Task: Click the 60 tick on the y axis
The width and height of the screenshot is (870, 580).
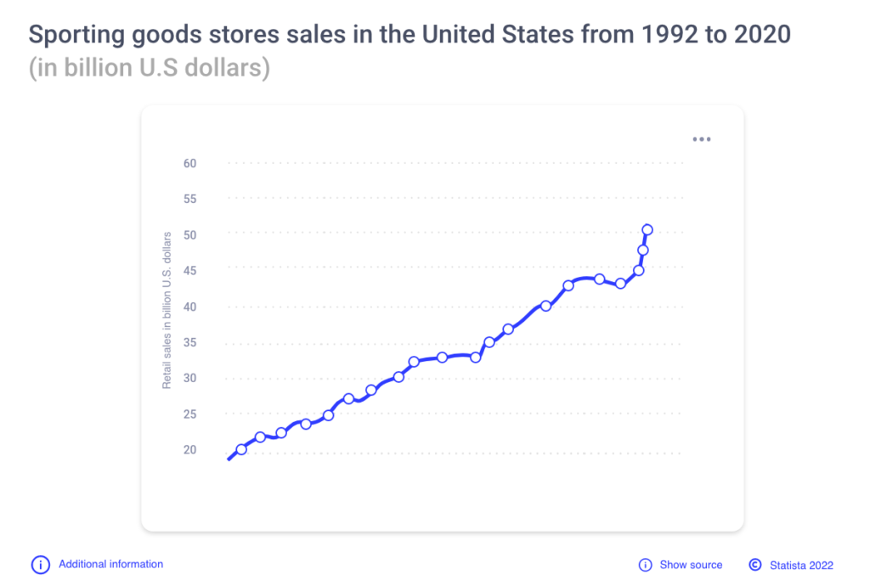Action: point(189,163)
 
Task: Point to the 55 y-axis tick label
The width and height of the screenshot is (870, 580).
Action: point(189,199)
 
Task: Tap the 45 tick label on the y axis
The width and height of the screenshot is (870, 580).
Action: point(189,270)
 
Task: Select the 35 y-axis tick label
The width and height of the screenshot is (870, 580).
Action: point(189,342)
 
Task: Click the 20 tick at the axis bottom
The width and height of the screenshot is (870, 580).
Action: point(189,449)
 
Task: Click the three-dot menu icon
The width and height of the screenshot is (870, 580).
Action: point(701,139)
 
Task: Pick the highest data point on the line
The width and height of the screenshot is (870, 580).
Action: point(647,229)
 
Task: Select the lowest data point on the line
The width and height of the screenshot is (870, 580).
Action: point(241,449)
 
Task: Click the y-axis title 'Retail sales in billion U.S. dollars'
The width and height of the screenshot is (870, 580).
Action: point(167,310)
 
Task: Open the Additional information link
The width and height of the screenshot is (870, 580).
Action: point(110,564)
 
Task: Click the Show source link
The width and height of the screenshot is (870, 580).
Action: point(691,565)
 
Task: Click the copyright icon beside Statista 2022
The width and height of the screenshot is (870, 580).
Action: point(754,565)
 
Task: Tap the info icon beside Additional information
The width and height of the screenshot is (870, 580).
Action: point(40,565)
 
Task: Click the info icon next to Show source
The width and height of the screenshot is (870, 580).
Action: point(645,565)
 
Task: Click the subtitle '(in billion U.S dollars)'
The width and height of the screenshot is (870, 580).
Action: point(150,68)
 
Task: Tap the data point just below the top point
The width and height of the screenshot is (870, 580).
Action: point(643,250)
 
